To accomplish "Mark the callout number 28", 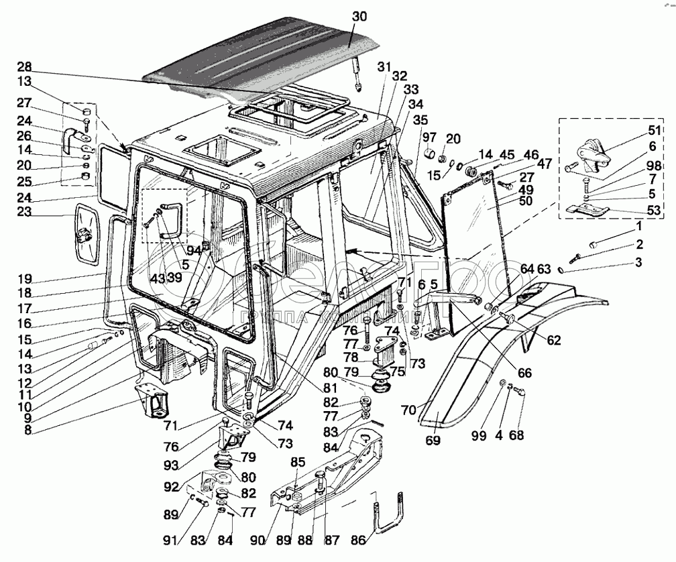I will pos(25,68).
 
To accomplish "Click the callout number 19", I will pos(25,279).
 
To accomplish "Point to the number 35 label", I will pos(420,121).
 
